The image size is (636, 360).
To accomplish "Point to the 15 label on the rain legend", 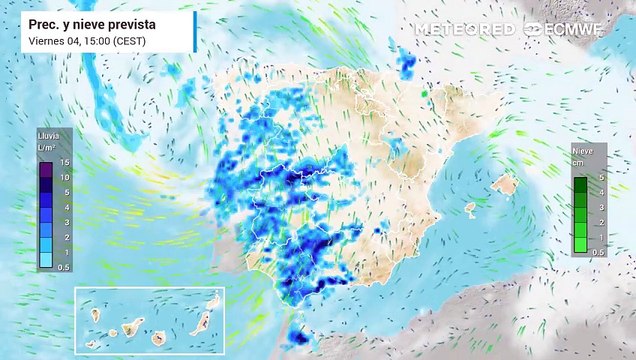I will tap(64, 162).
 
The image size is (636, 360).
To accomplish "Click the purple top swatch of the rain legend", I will tap(46, 169).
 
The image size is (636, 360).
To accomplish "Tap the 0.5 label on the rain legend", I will tap(63, 267).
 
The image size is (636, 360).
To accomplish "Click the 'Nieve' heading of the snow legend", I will tap(582, 152).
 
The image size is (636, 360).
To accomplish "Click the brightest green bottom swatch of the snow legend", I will tap(579, 244).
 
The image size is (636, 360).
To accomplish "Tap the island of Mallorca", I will tap(505, 184).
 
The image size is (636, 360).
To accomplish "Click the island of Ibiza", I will tap(470, 208).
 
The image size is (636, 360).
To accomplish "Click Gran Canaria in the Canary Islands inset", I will tap(159, 332).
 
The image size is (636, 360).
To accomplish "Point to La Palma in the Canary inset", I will tap(94, 314).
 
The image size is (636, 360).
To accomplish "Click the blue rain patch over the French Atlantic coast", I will tap(407, 65).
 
